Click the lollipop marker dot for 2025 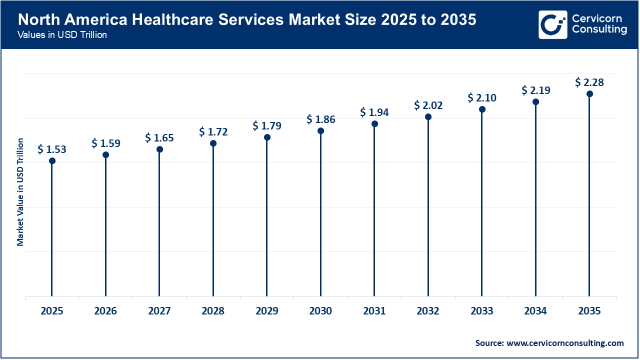[52, 160]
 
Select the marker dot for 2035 [589, 93]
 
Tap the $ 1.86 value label [320, 119]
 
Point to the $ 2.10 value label [482, 97]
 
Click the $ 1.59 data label [105, 143]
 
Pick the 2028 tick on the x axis [213, 311]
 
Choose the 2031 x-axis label [374, 311]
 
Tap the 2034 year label [535, 311]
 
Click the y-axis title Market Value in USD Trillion [20, 192]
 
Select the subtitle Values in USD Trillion [62, 35]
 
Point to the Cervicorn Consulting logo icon [552, 24]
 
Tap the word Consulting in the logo [599, 30]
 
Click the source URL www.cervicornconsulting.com [565, 343]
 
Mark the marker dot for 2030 [320, 130]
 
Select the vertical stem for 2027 [159, 225]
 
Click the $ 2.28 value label [589, 82]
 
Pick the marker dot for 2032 [428, 116]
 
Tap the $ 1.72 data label [213, 131]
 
